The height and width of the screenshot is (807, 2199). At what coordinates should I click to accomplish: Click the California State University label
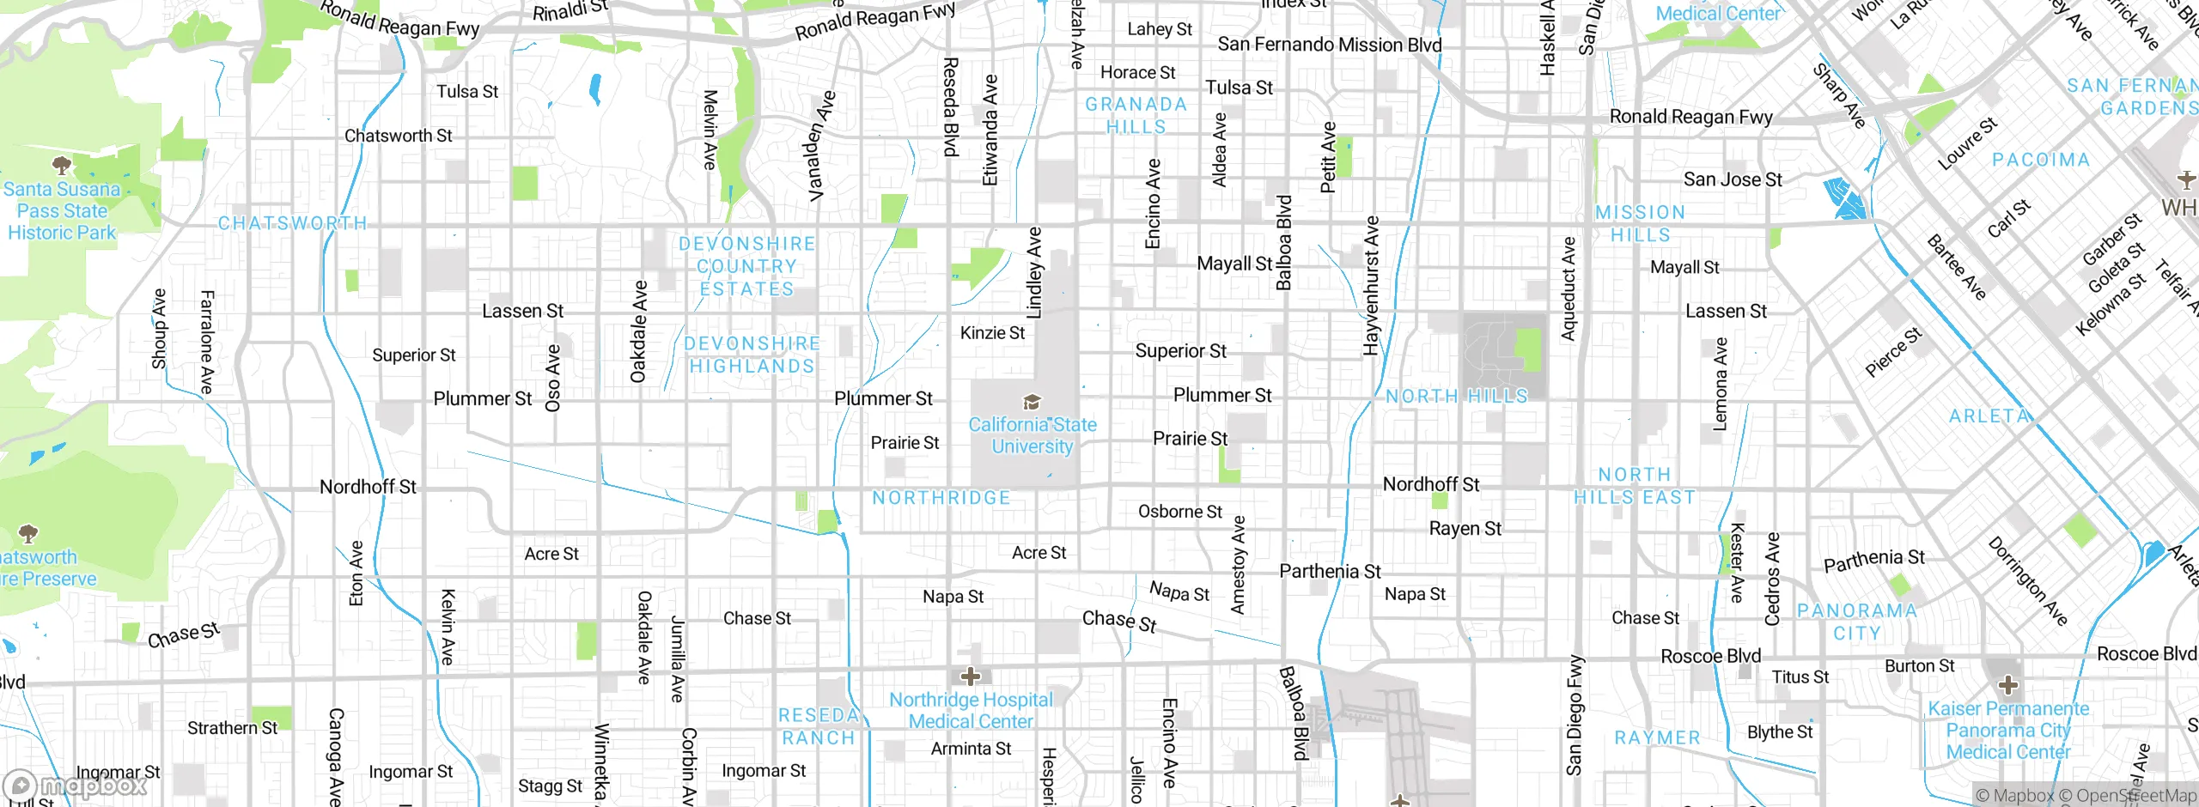1032,435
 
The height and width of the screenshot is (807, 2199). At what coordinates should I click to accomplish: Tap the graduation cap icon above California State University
1032,402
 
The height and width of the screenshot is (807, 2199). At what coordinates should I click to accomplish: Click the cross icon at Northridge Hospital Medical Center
971,677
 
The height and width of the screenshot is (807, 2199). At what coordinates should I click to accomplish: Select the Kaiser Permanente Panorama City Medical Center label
2008,731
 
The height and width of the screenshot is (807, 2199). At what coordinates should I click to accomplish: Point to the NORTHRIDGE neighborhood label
941,498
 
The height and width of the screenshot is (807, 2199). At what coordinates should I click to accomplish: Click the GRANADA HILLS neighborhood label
1136,115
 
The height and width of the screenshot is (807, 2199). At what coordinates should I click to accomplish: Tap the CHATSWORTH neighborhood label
292,223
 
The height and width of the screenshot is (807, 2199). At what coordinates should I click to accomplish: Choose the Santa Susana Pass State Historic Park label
62,211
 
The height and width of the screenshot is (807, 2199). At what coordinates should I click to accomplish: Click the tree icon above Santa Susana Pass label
61,164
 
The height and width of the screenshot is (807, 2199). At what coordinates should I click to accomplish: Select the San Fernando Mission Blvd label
1329,45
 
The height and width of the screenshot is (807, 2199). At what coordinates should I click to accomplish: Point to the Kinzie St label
992,333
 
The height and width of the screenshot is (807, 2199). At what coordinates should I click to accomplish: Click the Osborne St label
1179,512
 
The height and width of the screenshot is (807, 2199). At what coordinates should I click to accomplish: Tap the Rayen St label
1465,529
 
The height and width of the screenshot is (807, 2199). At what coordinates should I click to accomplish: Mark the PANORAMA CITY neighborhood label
1857,622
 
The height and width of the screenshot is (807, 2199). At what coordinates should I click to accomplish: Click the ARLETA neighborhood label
1989,416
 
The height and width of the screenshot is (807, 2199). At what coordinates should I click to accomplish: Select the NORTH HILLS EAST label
1635,486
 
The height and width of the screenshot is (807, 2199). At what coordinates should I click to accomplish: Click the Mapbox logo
76,785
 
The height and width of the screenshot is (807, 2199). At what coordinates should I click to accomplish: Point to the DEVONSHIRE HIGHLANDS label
752,355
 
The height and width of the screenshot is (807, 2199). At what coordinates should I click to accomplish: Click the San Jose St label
1732,179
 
